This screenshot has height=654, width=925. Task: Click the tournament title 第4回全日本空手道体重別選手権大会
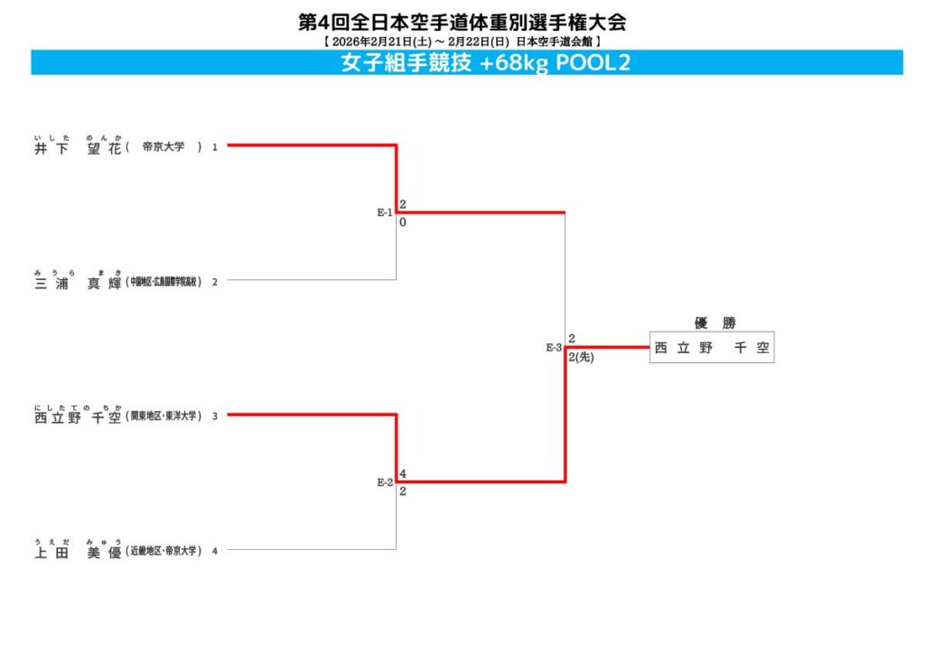(462, 23)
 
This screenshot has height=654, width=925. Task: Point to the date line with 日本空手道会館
(462, 42)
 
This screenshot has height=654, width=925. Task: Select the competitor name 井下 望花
(78, 147)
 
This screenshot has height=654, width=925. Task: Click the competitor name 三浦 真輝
(78, 282)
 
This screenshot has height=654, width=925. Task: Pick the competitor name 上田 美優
(78, 552)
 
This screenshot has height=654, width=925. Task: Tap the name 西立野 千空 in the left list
(78, 417)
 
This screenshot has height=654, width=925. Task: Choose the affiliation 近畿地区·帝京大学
(164, 551)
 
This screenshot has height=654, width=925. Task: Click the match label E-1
(385, 213)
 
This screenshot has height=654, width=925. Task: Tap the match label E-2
(385, 482)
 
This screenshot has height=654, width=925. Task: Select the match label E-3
(554, 348)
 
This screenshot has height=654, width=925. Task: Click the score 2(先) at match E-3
(581, 358)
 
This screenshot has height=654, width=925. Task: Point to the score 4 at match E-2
(403, 473)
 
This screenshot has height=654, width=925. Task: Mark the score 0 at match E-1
(403, 222)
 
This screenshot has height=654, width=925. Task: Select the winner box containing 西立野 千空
(712, 349)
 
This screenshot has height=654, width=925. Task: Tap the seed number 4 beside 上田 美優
(215, 551)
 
